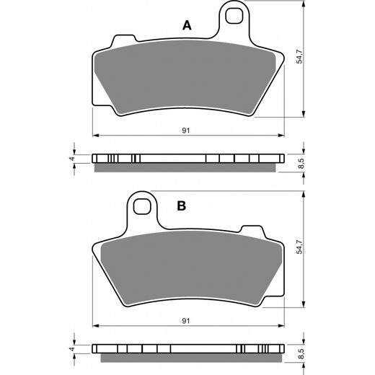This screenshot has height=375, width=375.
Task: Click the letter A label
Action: (187, 25)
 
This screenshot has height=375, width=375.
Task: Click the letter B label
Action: (182, 206)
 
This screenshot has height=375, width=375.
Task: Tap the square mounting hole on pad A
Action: (234, 16)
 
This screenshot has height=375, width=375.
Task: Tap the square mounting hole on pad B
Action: (142, 206)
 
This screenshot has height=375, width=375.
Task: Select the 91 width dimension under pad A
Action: (186, 131)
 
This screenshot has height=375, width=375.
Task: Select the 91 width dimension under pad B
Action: (186, 321)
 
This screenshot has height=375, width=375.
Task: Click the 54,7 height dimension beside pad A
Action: (299, 57)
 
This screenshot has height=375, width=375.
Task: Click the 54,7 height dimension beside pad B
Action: (299, 247)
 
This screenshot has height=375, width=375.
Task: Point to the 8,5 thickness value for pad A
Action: (301, 163)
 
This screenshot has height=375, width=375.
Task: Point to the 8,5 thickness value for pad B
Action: (301, 353)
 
